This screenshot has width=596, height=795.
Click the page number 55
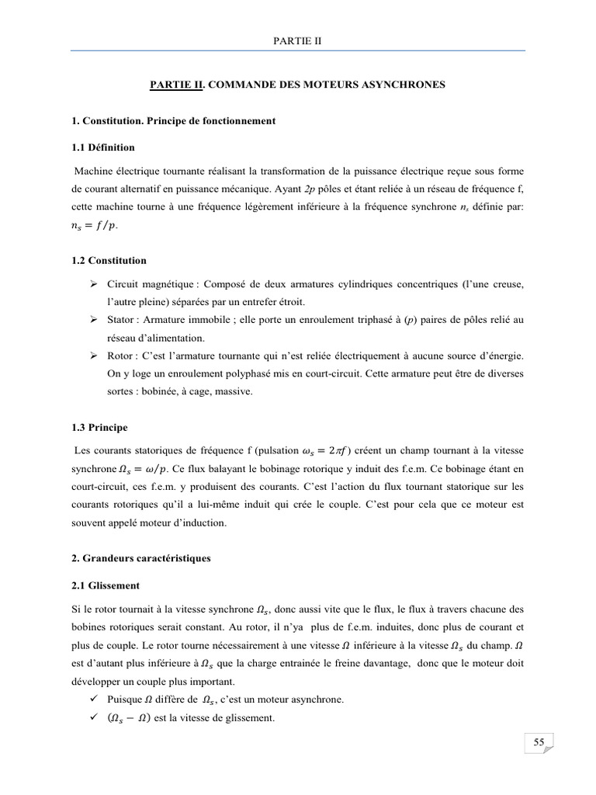pos(539,743)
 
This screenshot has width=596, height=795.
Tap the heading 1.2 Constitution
pos(108,260)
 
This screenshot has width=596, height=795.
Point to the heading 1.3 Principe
pos(100,427)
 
